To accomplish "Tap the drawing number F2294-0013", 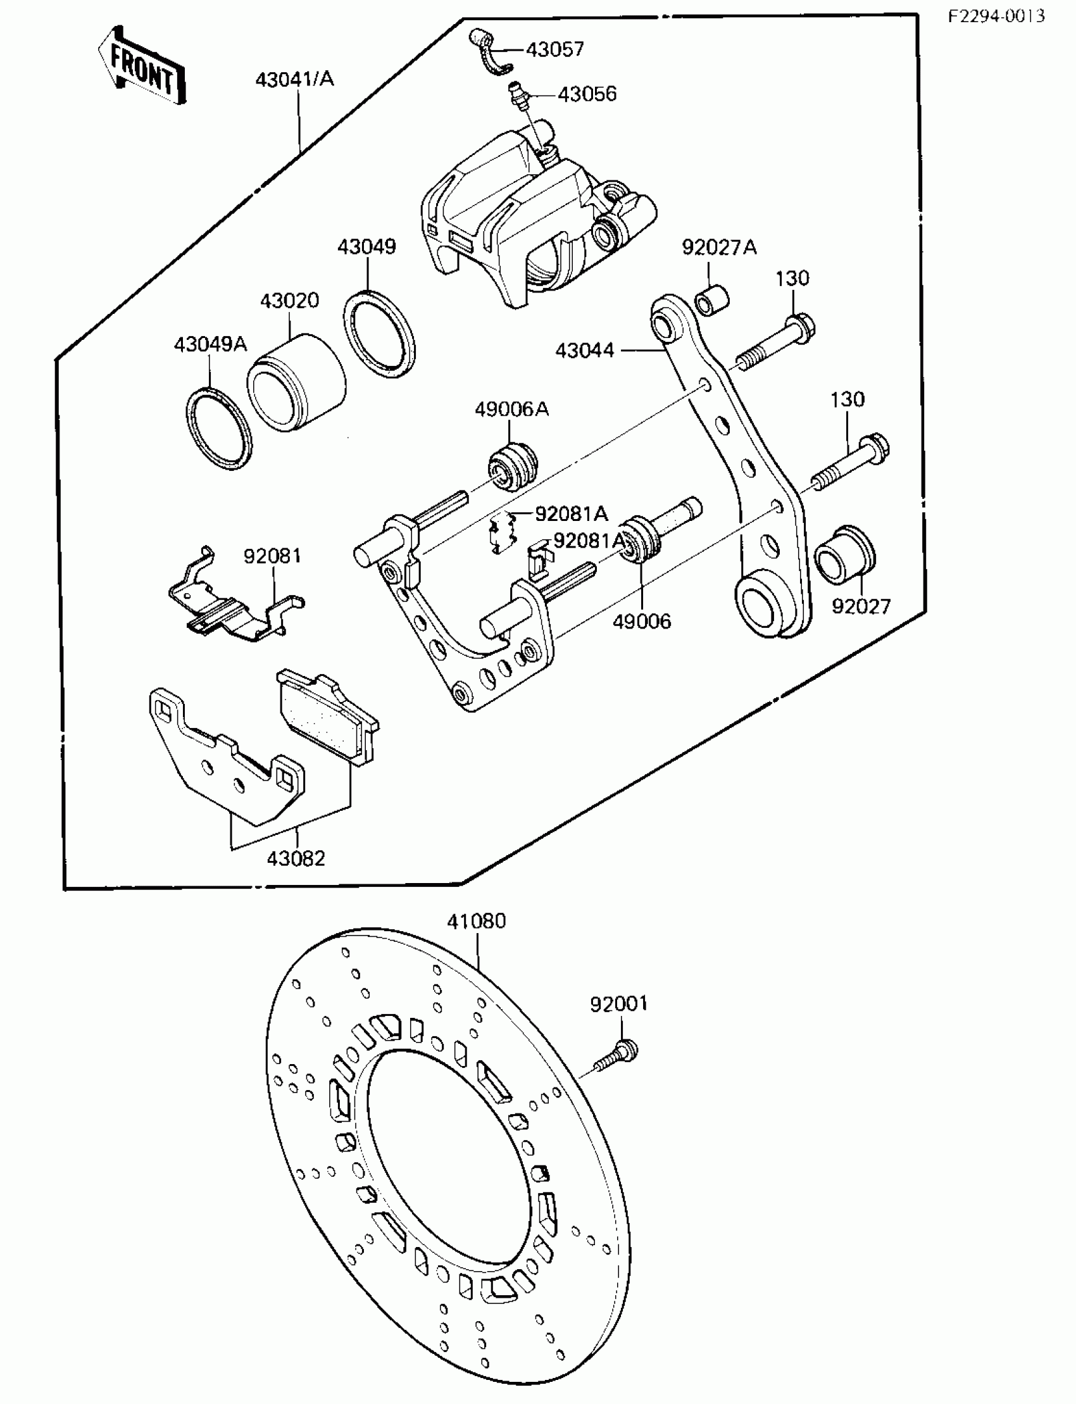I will pyautogui.click(x=996, y=16).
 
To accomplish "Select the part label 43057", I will pyautogui.click(x=554, y=49).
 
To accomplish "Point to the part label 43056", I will pyautogui.click(x=587, y=94).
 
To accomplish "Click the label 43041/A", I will pyautogui.click(x=294, y=79).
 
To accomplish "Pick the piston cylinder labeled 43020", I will pyautogui.click(x=296, y=383).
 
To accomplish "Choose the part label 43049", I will pyautogui.click(x=367, y=247).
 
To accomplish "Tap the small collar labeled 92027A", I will pyautogui.click(x=713, y=300).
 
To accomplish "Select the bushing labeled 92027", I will pyautogui.click(x=844, y=556).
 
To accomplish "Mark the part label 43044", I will pyautogui.click(x=584, y=350).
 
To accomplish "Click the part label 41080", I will pyautogui.click(x=476, y=921).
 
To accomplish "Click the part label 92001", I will pyautogui.click(x=619, y=1004).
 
